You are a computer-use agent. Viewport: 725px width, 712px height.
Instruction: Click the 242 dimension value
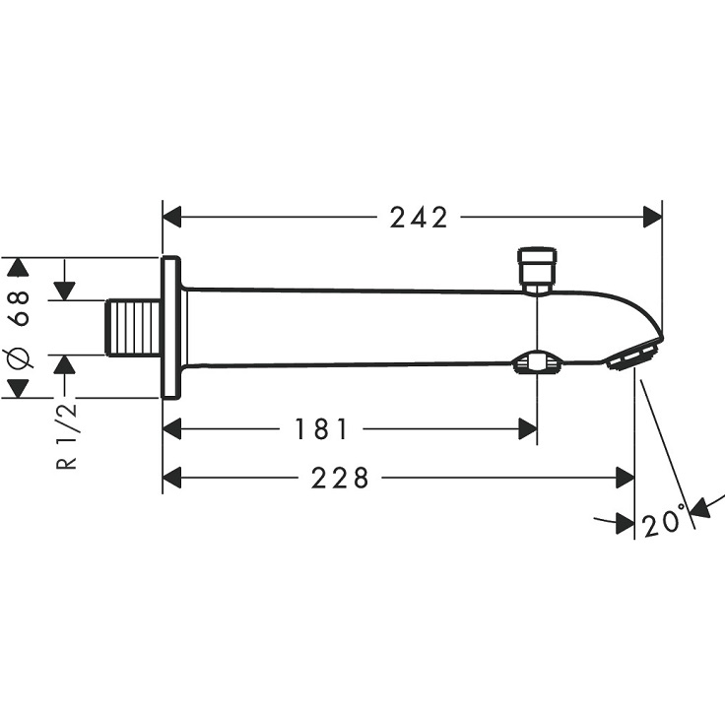(418, 218)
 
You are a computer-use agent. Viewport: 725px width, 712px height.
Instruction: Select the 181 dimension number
(321, 429)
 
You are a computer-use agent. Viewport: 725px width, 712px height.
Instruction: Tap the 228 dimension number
(340, 478)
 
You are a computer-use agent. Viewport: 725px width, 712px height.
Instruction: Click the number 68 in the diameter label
(18, 307)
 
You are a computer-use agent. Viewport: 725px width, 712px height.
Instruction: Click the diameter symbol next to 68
(18, 359)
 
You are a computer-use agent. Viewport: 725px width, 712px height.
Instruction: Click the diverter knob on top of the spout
(537, 268)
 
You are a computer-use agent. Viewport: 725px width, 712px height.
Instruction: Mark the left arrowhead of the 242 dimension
(172, 218)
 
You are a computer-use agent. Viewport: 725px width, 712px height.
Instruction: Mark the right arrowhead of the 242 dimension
(652, 218)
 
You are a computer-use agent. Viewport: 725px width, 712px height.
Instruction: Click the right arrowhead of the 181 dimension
(527, 429)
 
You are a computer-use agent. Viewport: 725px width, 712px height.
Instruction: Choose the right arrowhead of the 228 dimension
(625, 478)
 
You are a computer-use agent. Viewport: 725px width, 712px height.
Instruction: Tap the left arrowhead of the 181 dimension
(172, 429)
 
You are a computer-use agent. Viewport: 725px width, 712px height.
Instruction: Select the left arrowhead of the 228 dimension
(172, 478)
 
